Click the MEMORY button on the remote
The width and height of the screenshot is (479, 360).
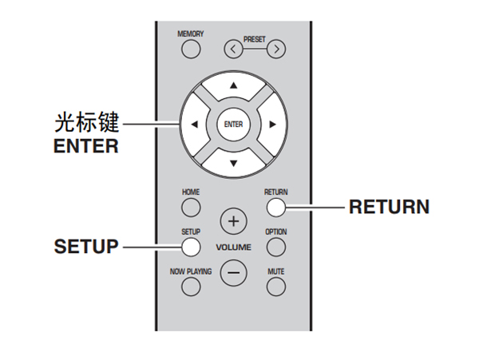click(x=191, y=50)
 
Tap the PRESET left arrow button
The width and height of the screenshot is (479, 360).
click(x=232, y=50)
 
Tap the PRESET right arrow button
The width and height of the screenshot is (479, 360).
click(x=276, y=50)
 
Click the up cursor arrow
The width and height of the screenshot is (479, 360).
click(x=233, y=85)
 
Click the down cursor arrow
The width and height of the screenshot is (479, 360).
click(x=233, y=162)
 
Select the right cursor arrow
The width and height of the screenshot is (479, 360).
click(x=271, y=124)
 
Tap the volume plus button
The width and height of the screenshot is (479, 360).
click(x=233, y=220)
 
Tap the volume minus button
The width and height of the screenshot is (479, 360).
click(x=233, y=272)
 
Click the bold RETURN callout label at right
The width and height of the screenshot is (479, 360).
click(x=390, y=208)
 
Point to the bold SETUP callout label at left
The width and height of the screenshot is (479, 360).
click(x=85, y=247)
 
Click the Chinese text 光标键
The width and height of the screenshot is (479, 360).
click(x=85, y=124)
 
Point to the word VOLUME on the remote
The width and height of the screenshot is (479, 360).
click(x=233, y=247)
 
